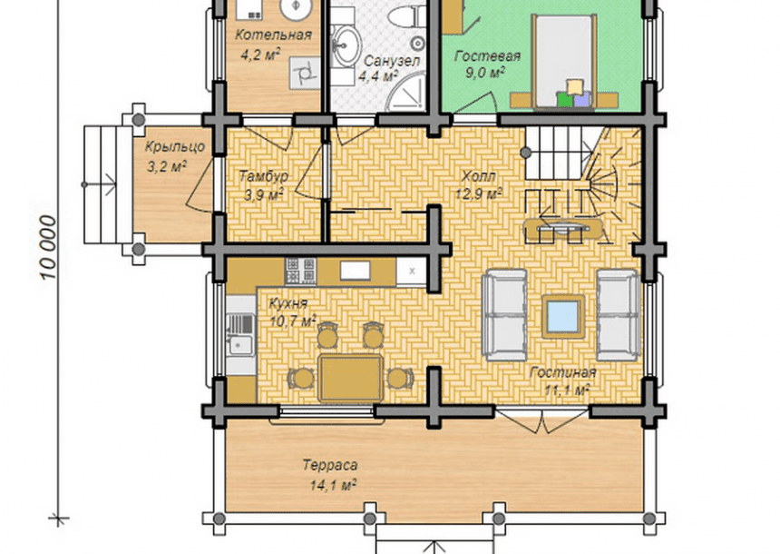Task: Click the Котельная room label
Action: (x=273, y=35)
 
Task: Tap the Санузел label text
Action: (x=392, y=61)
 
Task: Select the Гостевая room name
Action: (x=487, y=55)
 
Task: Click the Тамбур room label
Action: (x=264, y=176)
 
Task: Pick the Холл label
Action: (x=478, y=176)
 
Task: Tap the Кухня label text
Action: (x=288, y=303)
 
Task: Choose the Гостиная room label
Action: (x=562, y=372)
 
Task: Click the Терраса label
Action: (x=330, y=465)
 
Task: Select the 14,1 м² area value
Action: (x=333, y=485)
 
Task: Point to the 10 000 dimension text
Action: (x=48, y=247)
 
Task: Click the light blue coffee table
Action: (x=563, y=316)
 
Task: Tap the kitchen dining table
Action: (x=350, y=378)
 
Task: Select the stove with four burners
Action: (x=300, y=271)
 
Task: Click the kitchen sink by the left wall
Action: (x=240, y=334)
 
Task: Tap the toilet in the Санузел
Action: (x=407, y=17)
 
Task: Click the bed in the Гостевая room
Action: (x=564, y=61)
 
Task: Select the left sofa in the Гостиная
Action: (x=504, y=315)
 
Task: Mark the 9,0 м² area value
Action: (x=485, y=74)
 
